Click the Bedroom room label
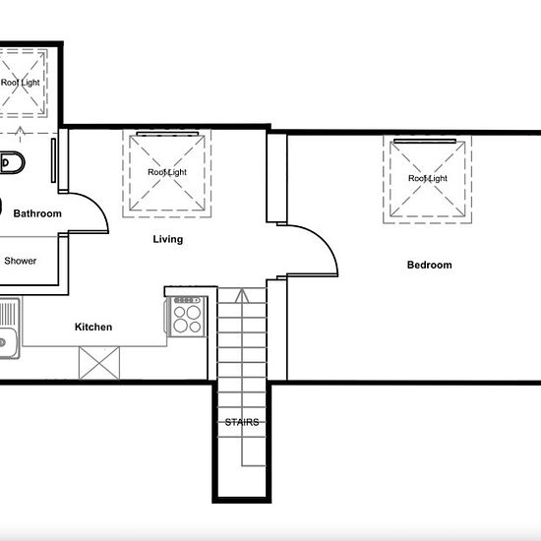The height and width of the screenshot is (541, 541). pos(429,265)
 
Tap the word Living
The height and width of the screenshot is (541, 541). pos(167,239)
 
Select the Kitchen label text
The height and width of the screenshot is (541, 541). pos(93,327)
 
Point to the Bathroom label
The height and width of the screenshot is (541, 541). pos(37,213)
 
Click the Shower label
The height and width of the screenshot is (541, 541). pos(20,261)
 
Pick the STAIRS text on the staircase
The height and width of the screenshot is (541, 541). pos(242,422)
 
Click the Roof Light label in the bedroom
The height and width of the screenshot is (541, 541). pos(428,178)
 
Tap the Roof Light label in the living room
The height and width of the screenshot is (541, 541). pos(167,172)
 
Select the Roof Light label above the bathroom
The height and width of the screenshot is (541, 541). pos(20,83)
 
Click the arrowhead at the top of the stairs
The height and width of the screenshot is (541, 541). pos(242,295)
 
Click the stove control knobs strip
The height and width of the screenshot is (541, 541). pos(187,300)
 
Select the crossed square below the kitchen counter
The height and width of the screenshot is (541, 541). pos(99,363)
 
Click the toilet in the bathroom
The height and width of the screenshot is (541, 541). pos(13,162)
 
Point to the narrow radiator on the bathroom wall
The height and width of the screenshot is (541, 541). pos(53,160)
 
